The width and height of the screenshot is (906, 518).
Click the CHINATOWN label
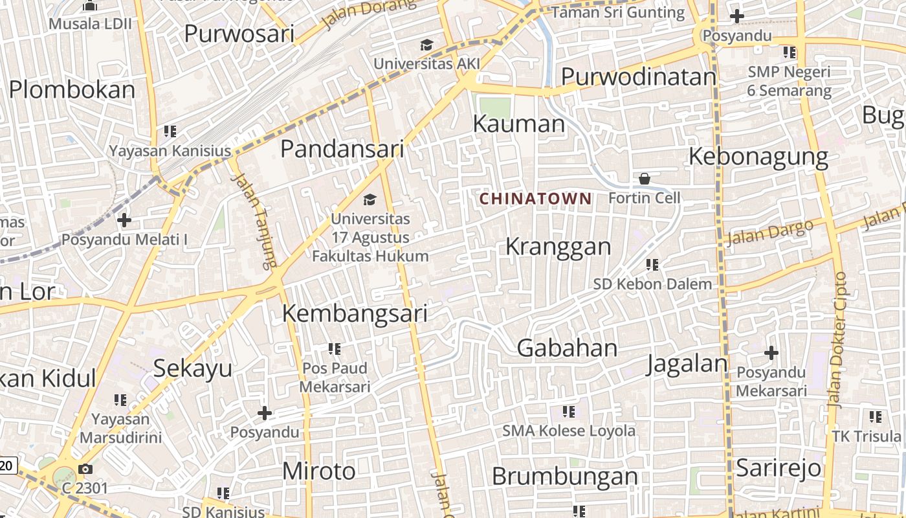coord(535,199)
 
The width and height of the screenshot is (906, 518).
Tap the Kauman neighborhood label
coord(518,124)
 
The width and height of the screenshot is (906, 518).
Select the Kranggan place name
coord(558,247)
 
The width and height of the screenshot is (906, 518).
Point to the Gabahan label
coord(567,348)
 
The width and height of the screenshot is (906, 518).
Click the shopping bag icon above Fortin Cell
coord(645,179)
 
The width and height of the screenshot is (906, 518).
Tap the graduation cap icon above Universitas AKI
coord(426,45)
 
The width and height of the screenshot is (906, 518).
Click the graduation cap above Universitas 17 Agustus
coord(370,199)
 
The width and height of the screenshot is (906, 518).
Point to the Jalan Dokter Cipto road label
coord(839,340)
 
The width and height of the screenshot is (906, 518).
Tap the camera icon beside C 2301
coord(85,469)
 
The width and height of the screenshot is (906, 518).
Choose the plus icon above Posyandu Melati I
coord(124,221)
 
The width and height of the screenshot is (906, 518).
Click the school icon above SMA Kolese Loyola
coord(569,412)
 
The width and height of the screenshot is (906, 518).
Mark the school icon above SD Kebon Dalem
coord(652,265)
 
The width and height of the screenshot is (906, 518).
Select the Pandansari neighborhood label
coord(342,149)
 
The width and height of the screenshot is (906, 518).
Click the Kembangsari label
coord(355,313)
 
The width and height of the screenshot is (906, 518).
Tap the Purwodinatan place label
coord(638,76)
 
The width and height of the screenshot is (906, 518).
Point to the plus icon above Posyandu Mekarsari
coord(771,354)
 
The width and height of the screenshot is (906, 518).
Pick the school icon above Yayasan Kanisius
coord(170,132)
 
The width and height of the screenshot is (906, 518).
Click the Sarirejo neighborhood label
coord(779,467)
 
